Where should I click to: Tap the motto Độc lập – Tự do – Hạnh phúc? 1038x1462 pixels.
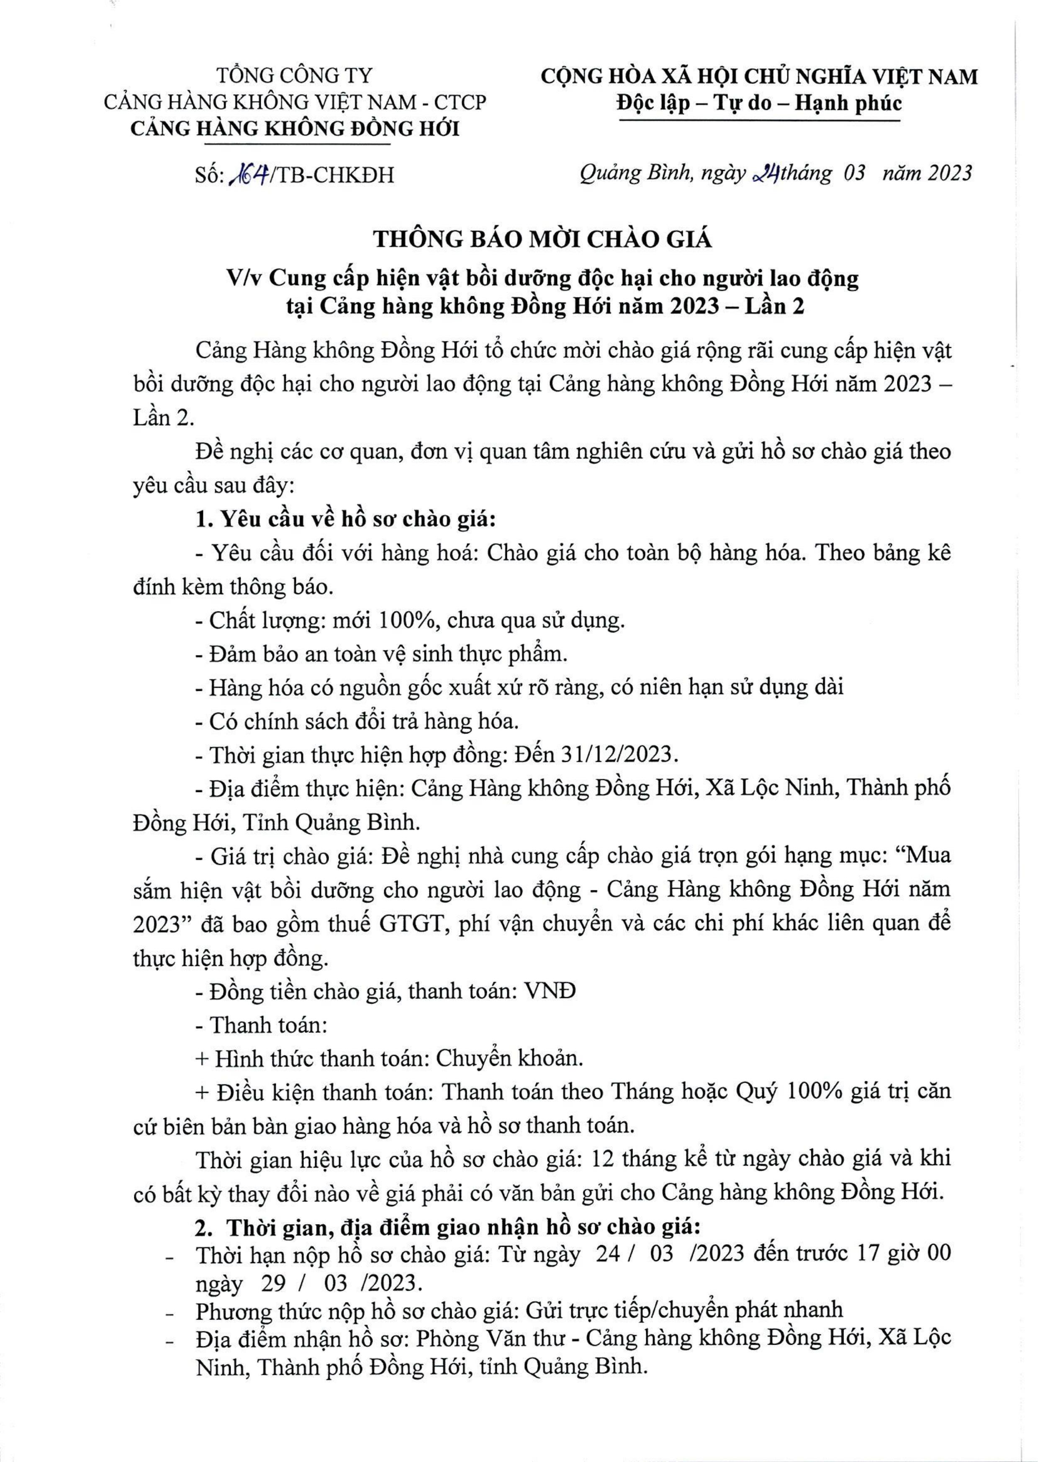(x=759, y=103)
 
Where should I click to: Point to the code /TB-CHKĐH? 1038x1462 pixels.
(x=332, y=175)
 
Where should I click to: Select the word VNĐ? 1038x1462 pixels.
(x=549, y=991)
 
